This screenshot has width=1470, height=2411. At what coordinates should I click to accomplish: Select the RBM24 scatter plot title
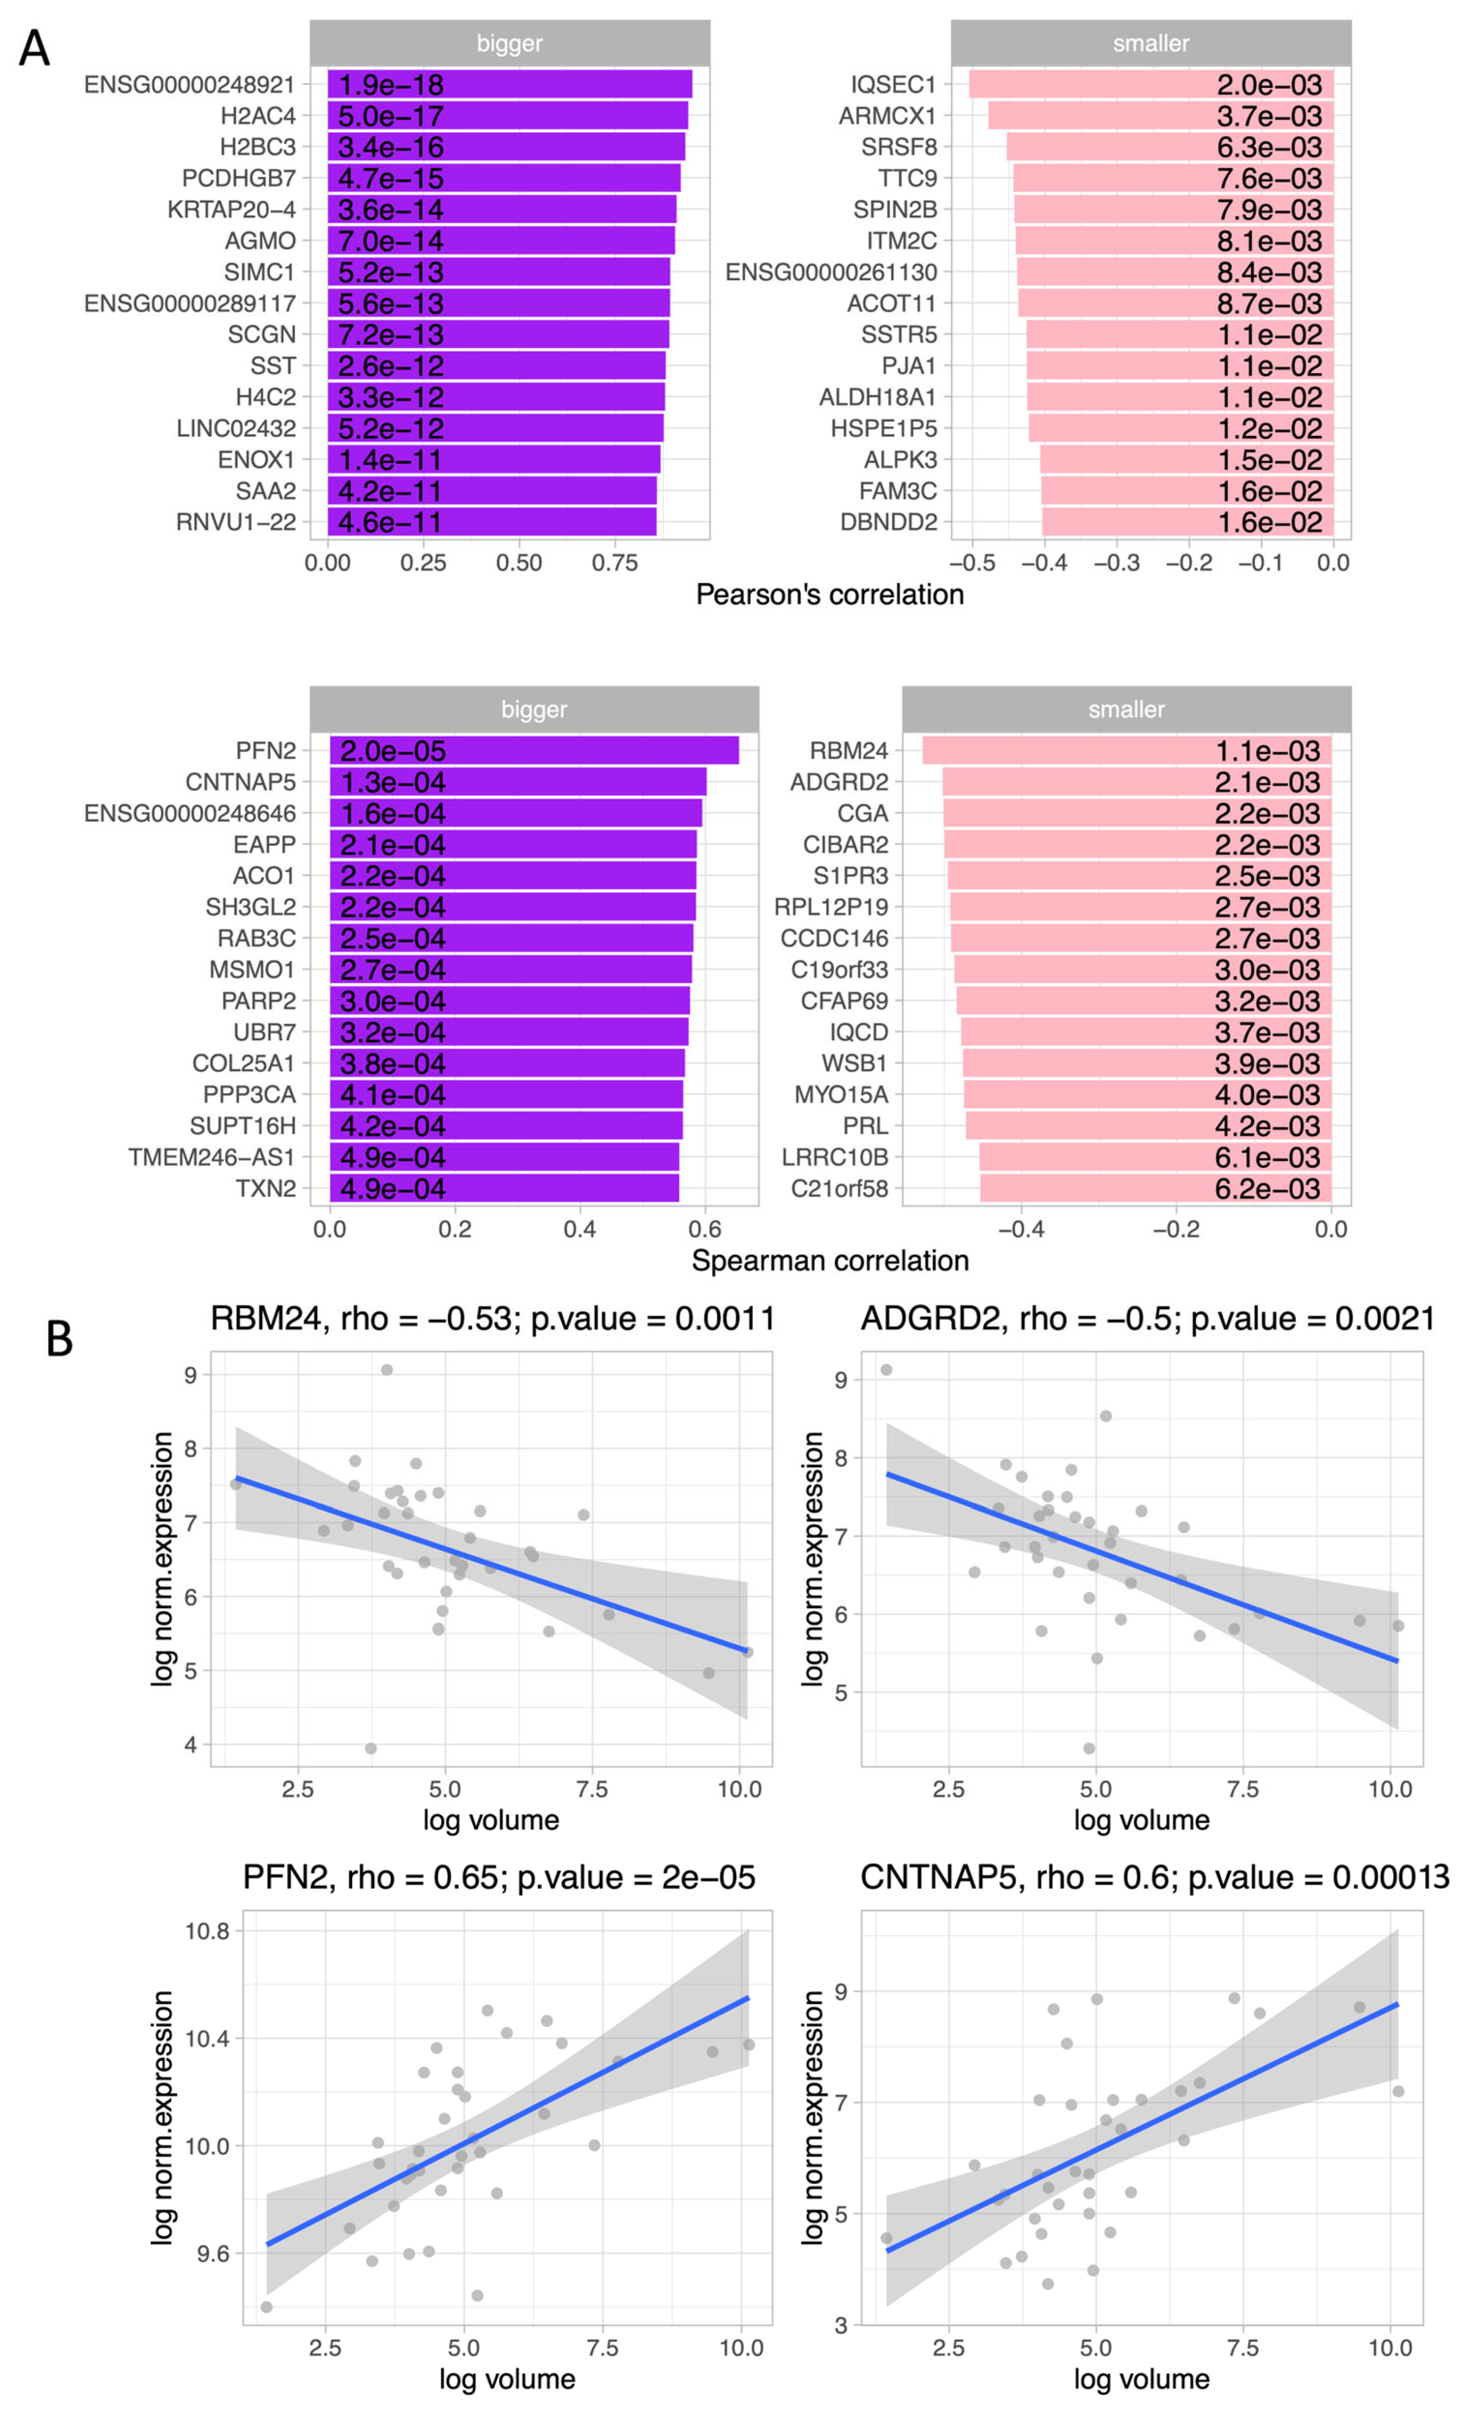coord(492,1319)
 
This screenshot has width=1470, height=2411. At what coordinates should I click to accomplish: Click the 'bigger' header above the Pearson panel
coord(509,43)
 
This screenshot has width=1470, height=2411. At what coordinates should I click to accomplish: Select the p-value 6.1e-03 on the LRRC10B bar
coord(1267,1157)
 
